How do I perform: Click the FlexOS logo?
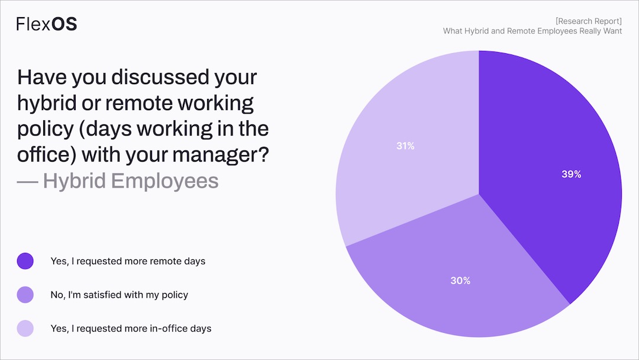click(x=46, y=24)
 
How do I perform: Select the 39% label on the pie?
click(x=571, y=175)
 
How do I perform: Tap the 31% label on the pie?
click(x=405, y=146)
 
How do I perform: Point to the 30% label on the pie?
click(x=460, y=281)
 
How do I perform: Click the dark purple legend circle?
click(x=25, y=261)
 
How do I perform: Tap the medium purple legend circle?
click(x=25, y=294)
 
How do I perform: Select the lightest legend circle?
click(x=25, y=328)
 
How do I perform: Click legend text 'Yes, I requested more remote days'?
click(x=128, y=261)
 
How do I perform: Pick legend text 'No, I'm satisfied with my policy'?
click(x=120, y=294)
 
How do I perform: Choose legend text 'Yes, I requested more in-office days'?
click(x=131, y=328)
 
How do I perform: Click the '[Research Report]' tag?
click(x=588, y=21)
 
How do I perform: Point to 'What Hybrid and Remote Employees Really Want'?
click(x=532, y=31)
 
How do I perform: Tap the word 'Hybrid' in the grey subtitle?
click(x=75, y=181)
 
